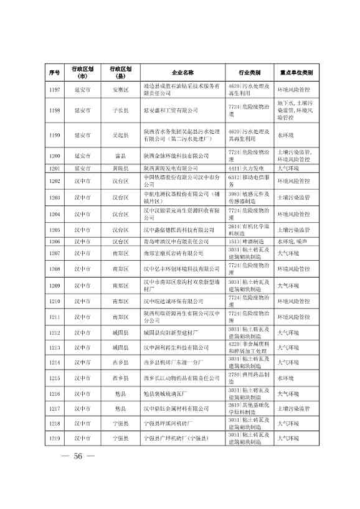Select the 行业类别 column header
coord(249,72)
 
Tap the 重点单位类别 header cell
coord(296,72)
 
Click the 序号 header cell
coord(54,72)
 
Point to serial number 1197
coord(54,90)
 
